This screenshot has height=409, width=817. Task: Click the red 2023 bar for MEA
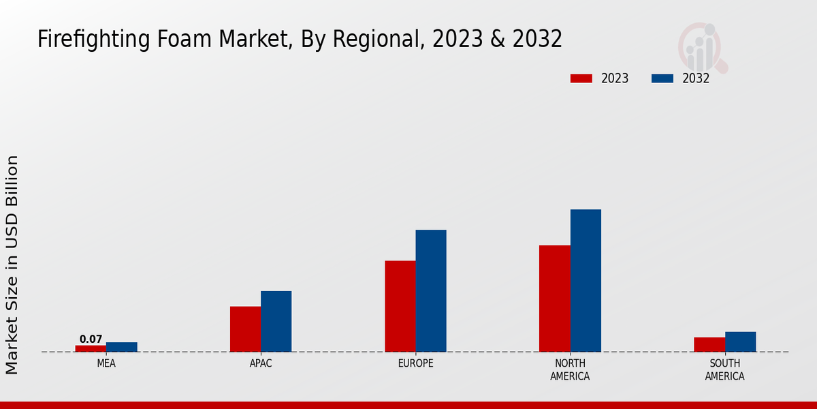91,348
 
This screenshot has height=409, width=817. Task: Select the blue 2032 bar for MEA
121,347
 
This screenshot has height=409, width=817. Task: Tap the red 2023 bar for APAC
245,329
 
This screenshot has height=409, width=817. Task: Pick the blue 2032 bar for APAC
276,321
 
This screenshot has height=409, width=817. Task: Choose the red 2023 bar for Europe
400,306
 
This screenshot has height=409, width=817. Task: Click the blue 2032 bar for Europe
431,290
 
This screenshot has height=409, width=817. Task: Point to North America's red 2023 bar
554,299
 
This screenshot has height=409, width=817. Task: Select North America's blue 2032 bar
586,280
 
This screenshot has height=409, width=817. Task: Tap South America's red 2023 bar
709,344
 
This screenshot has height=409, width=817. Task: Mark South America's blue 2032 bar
740,342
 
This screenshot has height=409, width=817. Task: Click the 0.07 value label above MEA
91,339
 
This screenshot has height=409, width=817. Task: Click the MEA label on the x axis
106,363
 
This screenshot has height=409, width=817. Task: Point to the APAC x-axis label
261,363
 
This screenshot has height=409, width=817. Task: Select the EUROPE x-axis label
415,363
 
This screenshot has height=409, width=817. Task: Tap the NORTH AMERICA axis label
570,369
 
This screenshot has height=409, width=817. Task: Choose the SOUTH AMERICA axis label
724,369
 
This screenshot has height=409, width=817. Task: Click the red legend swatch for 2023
581,78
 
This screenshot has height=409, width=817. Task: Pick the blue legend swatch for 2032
662,78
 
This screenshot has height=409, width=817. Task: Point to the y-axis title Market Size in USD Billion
12,264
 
